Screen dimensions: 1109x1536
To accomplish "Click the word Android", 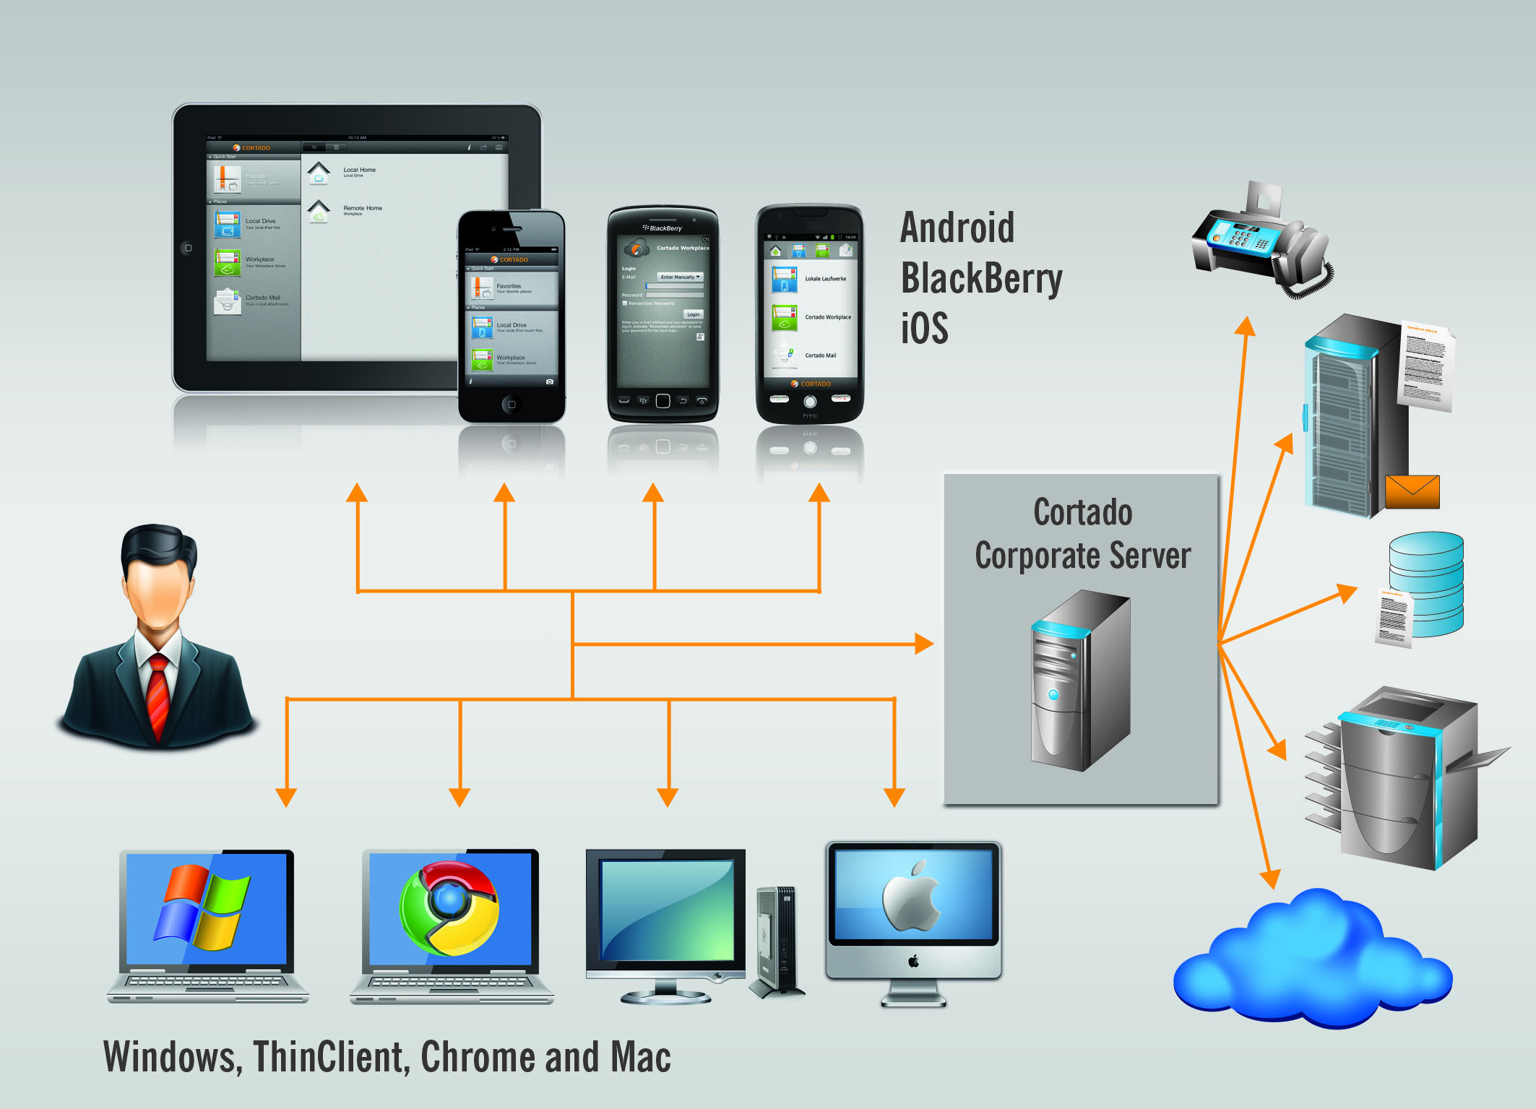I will point(957,228).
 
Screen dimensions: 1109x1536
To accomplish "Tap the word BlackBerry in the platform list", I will point(981,279).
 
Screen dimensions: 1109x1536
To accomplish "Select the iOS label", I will point(924,328).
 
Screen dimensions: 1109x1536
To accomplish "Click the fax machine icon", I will point(1260,241).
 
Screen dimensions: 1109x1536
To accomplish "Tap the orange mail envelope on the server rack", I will point(1412,492).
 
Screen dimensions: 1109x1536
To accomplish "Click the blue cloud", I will point(1311,961).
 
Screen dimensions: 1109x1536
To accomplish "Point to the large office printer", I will point(1394,780).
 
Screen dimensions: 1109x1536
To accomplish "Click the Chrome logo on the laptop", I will point(449,907).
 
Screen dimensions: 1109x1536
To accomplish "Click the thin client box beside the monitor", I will point(777,939).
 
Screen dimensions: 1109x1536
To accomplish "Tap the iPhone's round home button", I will point(512,405).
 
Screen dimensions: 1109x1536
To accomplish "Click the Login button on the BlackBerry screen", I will point(693,314).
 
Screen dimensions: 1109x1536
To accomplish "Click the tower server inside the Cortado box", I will point(1080,679).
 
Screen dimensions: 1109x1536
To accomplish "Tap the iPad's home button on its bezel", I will point(188,248).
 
